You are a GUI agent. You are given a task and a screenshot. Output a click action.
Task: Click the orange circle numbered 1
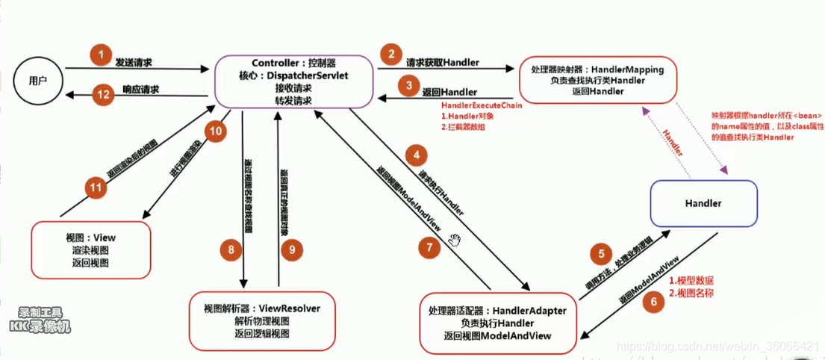99,55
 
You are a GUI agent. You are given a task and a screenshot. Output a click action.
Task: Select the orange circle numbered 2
388,55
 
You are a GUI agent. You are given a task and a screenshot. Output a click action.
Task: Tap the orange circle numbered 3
409,86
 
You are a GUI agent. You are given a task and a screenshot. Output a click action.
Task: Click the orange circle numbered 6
653,302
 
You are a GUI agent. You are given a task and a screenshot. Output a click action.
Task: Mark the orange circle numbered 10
214,132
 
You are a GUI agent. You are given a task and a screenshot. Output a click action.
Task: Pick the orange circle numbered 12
102,94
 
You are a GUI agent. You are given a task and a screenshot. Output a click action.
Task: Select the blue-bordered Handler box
703,203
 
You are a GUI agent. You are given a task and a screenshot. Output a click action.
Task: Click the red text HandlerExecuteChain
482,107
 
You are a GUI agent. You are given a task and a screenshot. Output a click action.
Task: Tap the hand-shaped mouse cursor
455,239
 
